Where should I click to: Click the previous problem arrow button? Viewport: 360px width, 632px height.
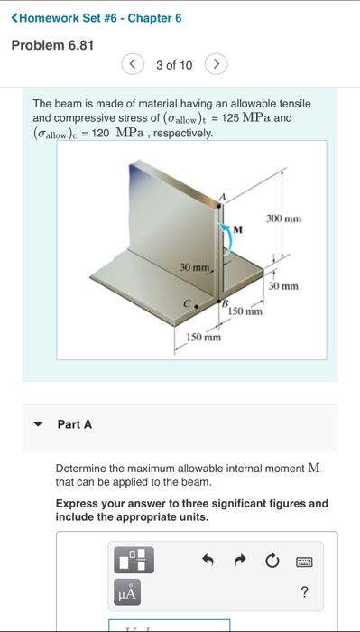(133, 65)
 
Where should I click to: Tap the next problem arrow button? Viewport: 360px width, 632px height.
(216, 65)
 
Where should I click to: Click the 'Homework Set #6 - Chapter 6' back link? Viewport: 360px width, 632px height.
(100, 17)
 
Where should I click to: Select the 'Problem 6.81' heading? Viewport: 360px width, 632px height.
(52, 45)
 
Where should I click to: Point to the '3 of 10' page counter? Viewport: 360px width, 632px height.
(174, 65)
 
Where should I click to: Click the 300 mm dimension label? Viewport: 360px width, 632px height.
(283, 218)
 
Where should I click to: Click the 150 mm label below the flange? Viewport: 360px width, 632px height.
(203, 338)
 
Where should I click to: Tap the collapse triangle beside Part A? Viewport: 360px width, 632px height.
(38, 424)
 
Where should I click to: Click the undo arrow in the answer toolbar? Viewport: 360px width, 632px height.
(207, 561)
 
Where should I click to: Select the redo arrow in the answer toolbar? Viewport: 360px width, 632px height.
(239, 561)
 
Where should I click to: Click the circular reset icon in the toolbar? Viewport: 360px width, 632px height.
(272, 561)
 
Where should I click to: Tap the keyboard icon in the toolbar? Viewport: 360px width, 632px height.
(304, 561)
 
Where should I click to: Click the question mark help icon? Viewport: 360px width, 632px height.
(304, 592)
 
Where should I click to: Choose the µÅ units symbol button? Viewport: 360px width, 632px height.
(127, 592)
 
